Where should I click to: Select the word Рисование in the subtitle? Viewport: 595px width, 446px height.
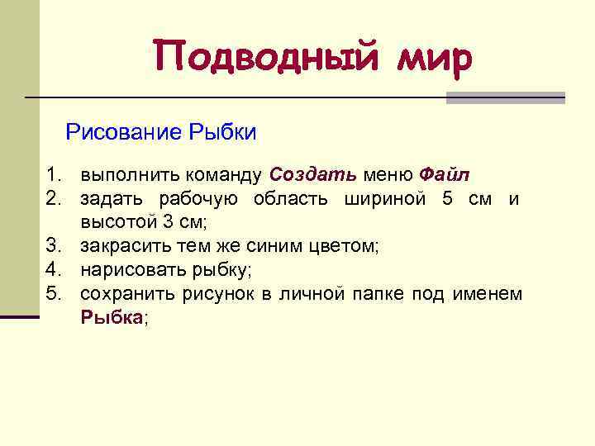pos(124,132)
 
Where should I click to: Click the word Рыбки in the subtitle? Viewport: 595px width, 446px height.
pos(223,132)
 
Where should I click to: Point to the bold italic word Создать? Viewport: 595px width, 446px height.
pos(313,175)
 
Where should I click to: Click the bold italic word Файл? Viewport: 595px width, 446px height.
pos(444,175)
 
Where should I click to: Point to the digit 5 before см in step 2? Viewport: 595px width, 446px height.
pos(447,199)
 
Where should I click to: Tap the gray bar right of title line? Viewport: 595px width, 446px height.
pos(505,97)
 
